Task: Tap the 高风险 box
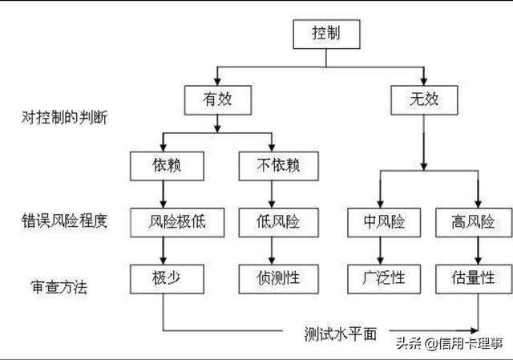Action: pos(474,221)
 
